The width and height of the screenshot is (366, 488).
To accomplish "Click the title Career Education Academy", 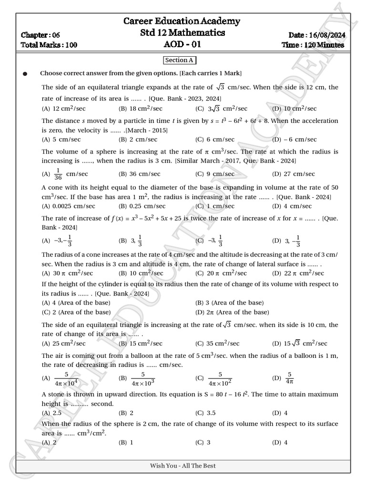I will click(182, 21).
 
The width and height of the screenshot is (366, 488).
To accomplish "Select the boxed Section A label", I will click(179, 60).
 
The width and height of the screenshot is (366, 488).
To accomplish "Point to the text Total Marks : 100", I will click(49, 45).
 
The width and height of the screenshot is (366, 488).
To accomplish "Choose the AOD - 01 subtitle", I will click(182, 44).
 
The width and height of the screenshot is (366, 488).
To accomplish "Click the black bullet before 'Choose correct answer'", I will click(25, 74).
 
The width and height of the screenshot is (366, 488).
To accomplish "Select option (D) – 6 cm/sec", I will click(294, 139).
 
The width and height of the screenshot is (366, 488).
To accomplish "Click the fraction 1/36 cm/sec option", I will click(65, 174).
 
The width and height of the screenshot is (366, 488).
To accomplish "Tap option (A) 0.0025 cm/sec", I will click(68, 206).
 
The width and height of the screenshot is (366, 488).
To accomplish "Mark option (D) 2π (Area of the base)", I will click(232, 312).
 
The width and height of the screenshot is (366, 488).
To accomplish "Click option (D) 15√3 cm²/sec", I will click(300, 343).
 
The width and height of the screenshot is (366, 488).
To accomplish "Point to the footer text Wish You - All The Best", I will click(183, 465).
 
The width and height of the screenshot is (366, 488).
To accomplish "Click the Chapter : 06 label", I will click(41, 35).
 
